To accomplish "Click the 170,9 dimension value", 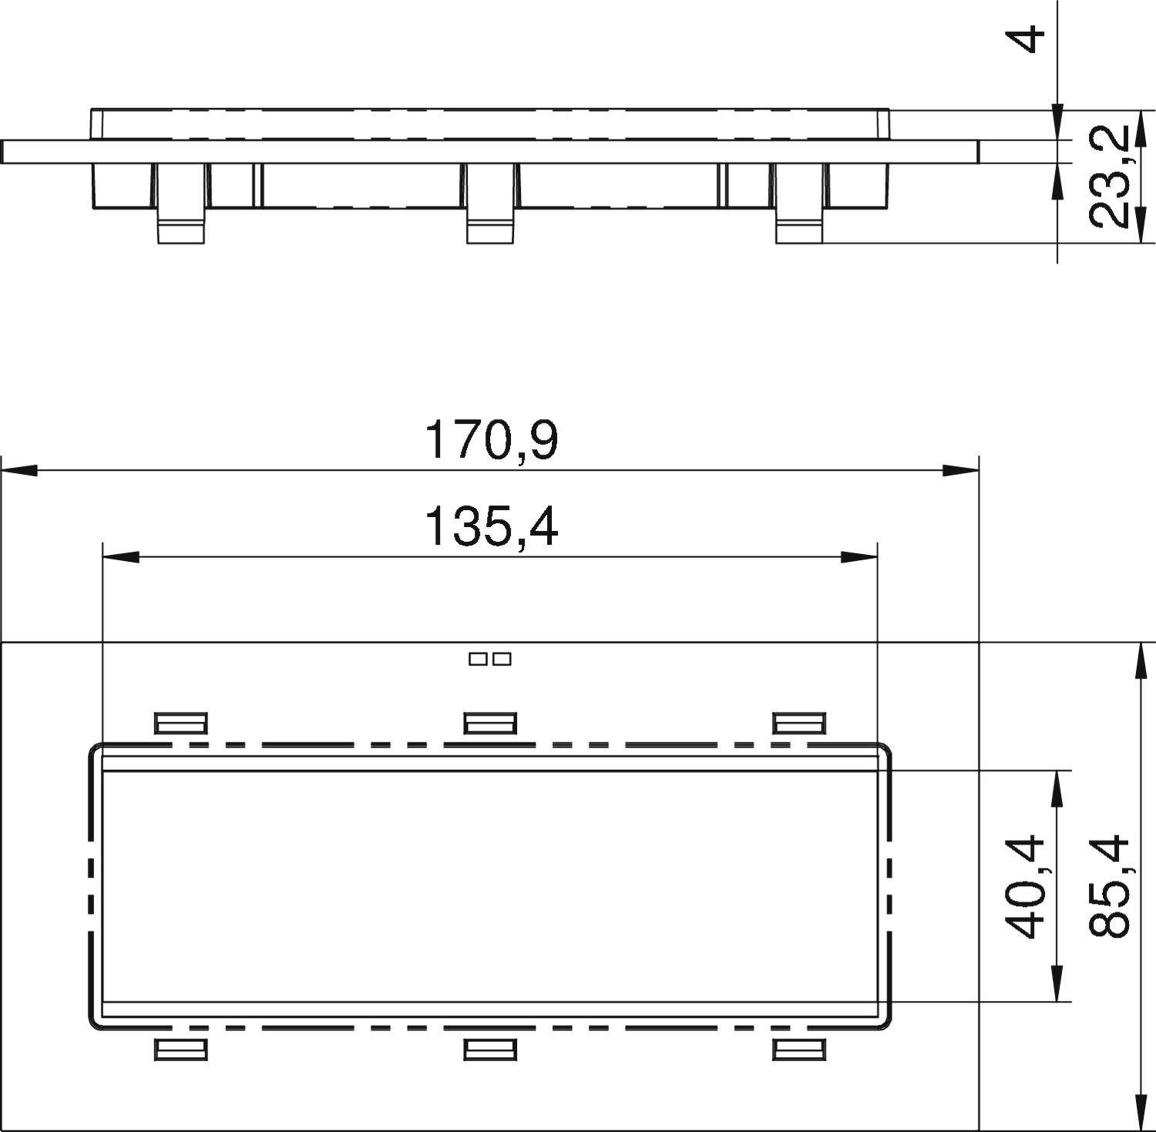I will [x=491, y=441].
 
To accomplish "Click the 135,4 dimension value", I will [x=491, y=527].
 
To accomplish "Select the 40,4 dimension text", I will [x=1027, y=886].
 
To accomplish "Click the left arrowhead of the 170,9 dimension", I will [x=20, y=469].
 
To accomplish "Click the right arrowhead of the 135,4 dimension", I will [x=859, y=556].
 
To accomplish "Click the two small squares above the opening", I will [x=490, y=659].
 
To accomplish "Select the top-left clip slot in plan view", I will [x=181, y=723].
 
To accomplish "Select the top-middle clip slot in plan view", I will [x=490, y=723].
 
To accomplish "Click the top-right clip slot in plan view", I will [x=799, y=723].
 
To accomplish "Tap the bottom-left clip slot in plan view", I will [x=181, y=1050].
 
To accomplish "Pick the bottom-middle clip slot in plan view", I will [x=490, y=1050].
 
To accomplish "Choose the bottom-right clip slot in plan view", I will [x=799, y=1050].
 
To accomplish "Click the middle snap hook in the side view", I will [x=490, y=204].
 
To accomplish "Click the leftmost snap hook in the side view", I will [x=181, y=204].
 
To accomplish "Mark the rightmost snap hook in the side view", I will [x=799, y=204].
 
